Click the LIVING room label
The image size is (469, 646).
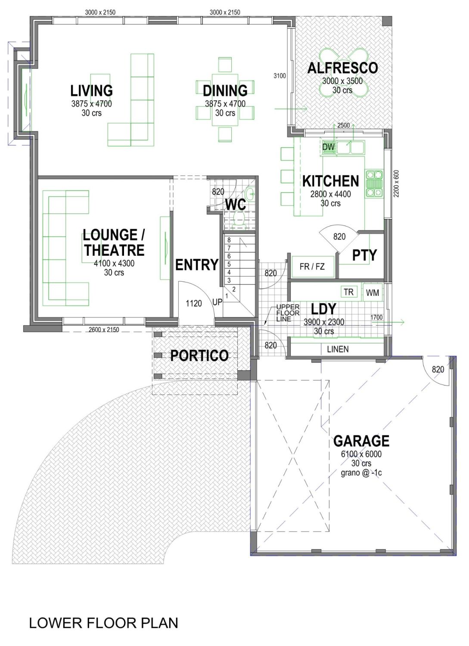[91, 91]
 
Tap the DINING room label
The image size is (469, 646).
[225, 91]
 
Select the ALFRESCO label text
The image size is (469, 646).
[342, 68]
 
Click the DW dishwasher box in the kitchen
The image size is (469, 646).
[329, 147]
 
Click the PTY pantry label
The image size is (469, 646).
[364, 255]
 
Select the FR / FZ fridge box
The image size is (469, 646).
[312, 267]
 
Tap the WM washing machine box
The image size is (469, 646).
[373, 293]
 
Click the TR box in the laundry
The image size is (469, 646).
[348, 292]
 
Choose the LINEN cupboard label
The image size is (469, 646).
[338, 349]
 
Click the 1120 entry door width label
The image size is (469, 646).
[193, 304]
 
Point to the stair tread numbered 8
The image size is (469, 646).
[229, 240]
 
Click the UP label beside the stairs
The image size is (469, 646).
[217, 302]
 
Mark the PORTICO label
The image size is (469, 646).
[199, 356]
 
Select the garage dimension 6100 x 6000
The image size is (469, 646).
[361, 454]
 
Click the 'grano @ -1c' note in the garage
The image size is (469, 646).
[361, 473]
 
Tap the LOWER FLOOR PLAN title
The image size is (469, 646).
[103, 623]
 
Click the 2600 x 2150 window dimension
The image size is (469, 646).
[104, 330]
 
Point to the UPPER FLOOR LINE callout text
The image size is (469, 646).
[288, 313]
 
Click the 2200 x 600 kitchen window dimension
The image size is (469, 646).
[397, 184]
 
